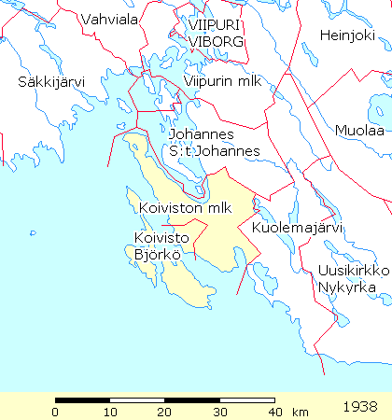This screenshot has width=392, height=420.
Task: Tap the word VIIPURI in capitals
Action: point(216,24)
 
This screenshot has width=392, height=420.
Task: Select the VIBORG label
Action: point(216,42)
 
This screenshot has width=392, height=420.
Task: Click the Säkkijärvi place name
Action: point(51,82)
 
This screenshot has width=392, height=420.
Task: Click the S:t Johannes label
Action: point(214,151)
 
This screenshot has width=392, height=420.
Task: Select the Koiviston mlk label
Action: point(184,207)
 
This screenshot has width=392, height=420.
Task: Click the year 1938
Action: point(359,407)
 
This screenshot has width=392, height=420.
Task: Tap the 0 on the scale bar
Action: point(56,412)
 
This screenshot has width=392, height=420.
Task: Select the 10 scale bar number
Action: point(110,412)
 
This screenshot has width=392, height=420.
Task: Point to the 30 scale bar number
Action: point(219,412)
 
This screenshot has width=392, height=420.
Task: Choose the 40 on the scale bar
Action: point(273,412)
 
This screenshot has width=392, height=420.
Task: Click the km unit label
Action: point(300,412)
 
